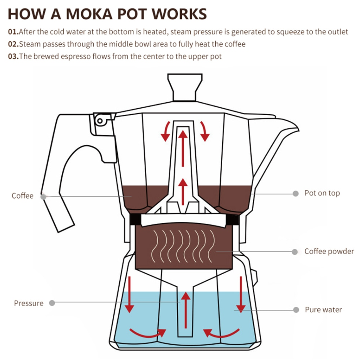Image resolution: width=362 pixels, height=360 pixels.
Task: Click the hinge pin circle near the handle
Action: (100, 121)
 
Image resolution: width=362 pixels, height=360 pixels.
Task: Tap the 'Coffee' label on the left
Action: (22, 196)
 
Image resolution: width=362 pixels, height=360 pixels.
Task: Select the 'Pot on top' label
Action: (322, 193)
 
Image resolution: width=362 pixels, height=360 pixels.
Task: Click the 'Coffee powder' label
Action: (329, 251)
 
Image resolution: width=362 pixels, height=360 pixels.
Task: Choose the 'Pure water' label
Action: (323, 310)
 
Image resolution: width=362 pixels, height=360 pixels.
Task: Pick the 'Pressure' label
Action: (29, 303)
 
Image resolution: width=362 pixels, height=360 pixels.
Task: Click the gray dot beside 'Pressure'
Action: (52, 303)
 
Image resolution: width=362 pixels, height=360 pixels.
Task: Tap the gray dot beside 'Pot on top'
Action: (296, 194)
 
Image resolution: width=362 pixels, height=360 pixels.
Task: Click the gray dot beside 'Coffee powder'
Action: (295, 252)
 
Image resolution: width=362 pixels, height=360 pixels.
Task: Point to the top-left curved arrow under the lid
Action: (166, 131)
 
